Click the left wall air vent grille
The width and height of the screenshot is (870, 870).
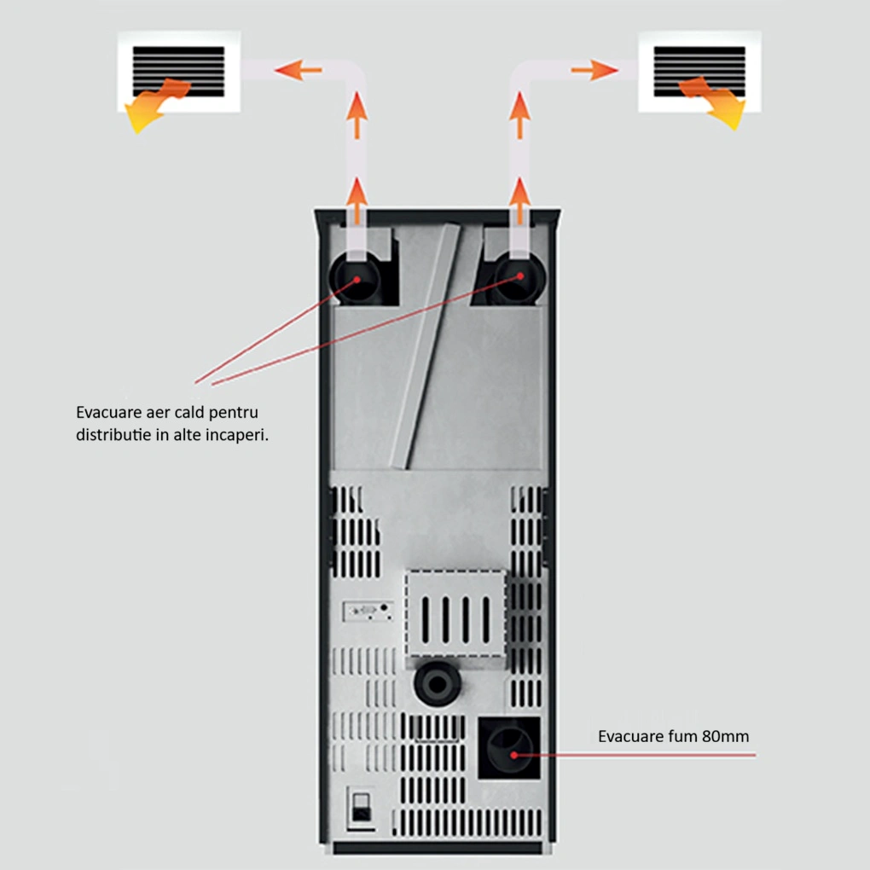pyautogui.click(x=178, y=72)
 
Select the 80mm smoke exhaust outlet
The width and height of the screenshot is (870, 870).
pyautogui.click(x=509, y=748)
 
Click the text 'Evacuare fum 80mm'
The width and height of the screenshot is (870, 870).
pyautogui.click(x=673, y=736)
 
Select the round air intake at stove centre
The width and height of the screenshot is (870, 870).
pyautogui.click(x=437, y=682)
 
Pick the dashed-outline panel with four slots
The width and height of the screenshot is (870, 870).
pyautogui.click(x=455, y=613)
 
